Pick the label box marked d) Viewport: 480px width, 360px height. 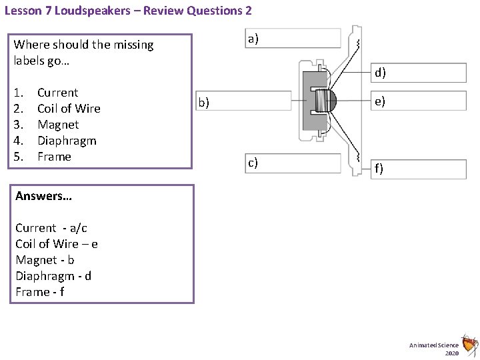point(418,73)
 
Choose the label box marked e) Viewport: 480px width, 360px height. point(418,101)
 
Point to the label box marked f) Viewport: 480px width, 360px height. point(418,169)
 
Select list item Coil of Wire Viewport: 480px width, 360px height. point(69,109)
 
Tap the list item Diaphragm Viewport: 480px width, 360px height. point(67,141)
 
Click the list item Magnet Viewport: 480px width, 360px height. point(58,125)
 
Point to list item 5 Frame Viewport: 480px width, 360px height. point(54,157)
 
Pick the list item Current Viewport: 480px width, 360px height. point(57,93)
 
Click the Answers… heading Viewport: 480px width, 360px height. point(43,196)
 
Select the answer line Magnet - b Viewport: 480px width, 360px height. point(45,260)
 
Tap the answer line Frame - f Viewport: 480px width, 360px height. point(40,292)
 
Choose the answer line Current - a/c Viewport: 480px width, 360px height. point(51,228)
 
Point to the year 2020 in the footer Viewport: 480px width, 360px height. point(452,353)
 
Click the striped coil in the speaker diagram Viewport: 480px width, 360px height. point(323,101)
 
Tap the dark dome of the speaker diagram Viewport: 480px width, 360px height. point(333,101)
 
